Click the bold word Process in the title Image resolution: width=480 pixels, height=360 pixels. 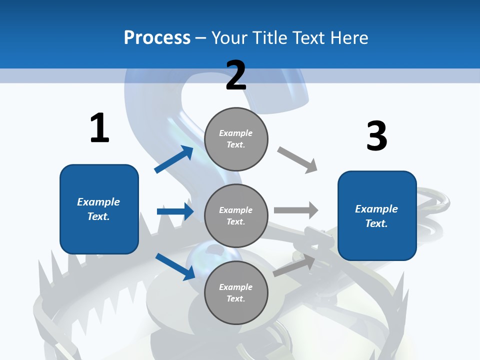tap(157, 37)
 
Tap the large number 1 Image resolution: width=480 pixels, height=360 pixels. tap(99, 128)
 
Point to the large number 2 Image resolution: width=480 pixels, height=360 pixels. tap(236, 75)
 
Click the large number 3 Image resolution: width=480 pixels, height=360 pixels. tap(376, 136)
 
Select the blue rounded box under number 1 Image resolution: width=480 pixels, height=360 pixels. tap(99, 209)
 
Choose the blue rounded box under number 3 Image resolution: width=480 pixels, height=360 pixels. tap(377, 216)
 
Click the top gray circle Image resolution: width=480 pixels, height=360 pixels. tap(236, 139)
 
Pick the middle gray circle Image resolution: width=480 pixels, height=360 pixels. tap(236, 215)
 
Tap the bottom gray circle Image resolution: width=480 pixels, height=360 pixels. tap(236, 292)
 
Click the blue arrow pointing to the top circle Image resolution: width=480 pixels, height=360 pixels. tap(174, 159)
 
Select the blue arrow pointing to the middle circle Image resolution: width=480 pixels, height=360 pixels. tap(175, 211)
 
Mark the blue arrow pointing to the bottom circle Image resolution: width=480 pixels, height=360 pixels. tap(175, 266)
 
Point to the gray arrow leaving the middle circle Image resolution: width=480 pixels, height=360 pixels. tap(296, 210)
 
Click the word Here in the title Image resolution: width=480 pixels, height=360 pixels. tap(349, 37)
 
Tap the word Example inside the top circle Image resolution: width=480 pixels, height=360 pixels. tap(235, 133)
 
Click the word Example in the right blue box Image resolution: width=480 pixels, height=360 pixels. tap(376, 209)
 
